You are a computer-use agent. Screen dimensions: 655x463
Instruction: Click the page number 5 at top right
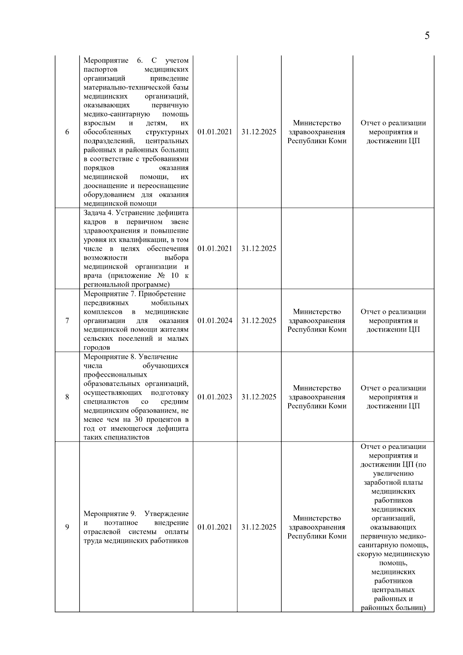(427, 36)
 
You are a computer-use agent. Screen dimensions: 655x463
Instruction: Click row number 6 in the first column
(67, 132)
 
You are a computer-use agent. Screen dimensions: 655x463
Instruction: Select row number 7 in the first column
(67, 321)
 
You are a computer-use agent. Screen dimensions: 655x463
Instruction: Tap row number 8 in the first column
(67, 397)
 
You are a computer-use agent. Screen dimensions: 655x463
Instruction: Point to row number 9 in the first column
(67, 527)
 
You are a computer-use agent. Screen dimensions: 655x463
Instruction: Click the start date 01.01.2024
(215, 321)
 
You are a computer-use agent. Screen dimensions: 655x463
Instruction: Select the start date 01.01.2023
(215, 397)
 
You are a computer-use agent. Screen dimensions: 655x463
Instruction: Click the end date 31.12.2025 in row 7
(259, 321)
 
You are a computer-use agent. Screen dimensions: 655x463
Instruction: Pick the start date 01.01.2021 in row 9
(215, 527)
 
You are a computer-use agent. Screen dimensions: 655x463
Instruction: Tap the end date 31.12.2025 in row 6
(259, 132)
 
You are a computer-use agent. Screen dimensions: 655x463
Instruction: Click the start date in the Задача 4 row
(215, 249)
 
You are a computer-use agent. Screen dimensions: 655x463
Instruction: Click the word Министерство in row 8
(317, 388)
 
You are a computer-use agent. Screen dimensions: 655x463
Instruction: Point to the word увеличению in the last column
(393, 474)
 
